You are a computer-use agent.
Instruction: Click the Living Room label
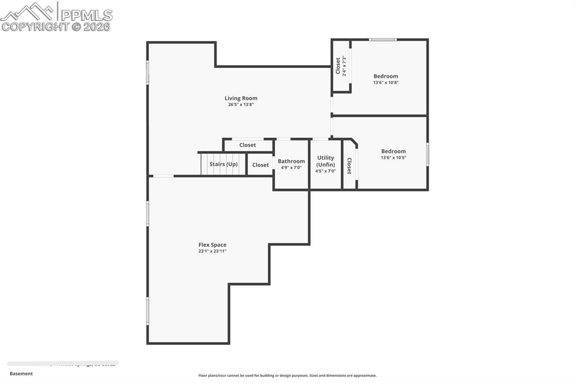[x=241, y=98]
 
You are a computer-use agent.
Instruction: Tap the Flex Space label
[x=212, y=245]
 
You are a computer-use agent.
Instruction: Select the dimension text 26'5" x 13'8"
[x=241, y=104]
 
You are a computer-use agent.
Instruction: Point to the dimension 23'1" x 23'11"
[x=212, y=251]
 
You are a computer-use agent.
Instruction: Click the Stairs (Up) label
[x=223, y=164]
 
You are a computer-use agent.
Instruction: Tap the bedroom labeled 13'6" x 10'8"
[x=386, y=79]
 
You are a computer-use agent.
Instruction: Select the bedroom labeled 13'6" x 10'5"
[x=393, y=154]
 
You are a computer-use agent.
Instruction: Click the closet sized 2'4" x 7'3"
[x=341, y=66]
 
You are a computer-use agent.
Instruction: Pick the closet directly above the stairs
[x=248, y=145]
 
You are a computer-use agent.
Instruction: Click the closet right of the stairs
[x=261, y=165]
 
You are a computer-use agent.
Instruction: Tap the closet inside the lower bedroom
[x=349, y=166]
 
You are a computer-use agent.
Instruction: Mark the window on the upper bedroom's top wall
[x=382, y=40]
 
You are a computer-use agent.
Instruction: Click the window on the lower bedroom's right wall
[x=427, y=154]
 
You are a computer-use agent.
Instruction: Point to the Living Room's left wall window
[x=148, y=72]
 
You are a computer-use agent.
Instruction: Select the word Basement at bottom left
[x=21, y=373]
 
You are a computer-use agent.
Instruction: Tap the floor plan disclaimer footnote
[x=287, y=376]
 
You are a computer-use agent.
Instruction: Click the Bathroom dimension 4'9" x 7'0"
[x=291, y=167]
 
